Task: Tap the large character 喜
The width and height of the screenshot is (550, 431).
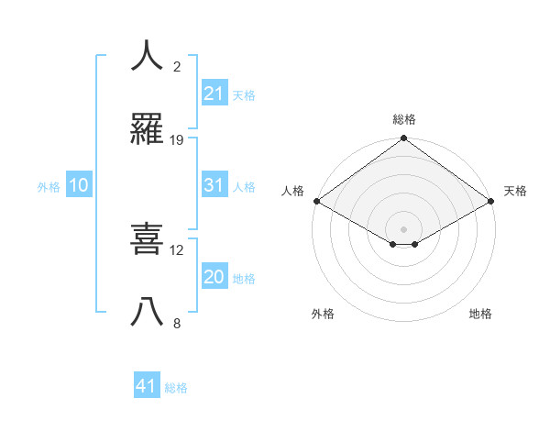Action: coord(148,239)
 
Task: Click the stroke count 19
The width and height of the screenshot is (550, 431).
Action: coord(177,140)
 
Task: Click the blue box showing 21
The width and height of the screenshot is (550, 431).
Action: coord(214,94)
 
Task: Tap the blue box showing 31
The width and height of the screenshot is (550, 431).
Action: coord(214,185)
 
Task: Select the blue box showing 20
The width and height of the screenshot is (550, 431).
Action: coord(214,277)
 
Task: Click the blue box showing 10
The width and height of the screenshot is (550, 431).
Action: coord(79,185)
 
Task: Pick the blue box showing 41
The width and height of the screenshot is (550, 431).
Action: coord(147,386)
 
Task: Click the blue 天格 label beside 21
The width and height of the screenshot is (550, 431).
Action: coord(244,94)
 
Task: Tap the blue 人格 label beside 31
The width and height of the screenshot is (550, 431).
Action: coord(244,186)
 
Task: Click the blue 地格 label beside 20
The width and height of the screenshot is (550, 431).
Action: coord(244,278)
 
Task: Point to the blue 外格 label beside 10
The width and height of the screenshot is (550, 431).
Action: coord(49,186)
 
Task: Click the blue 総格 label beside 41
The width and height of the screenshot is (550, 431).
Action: coord(176,387)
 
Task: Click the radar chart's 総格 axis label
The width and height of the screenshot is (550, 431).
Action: coord(404,119)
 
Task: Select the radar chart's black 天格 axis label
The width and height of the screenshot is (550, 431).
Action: coord(516,191)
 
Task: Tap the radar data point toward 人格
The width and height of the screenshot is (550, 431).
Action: coord(316,201)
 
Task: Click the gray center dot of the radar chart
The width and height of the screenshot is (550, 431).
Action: coord(404,228)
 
